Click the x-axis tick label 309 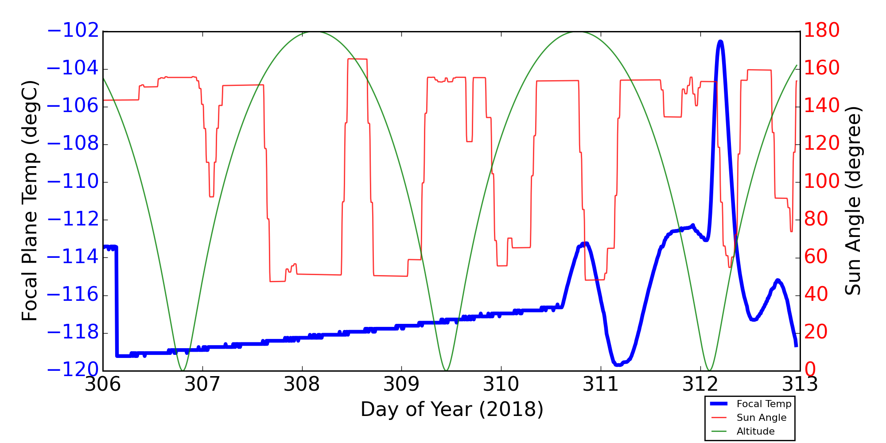pos(401,385)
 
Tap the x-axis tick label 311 pos(601,385)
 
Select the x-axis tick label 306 pos(103,385)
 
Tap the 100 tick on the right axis pos(822,182)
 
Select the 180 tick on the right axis pos(822,31)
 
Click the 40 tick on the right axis pos(816,295)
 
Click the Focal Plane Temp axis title pos(30,201)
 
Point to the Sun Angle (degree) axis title pos(853,201)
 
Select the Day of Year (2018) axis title pos(451,409)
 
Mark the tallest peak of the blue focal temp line pos(720,42)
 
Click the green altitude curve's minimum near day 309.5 pos(446,370)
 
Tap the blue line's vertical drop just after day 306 pos(117,301)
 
